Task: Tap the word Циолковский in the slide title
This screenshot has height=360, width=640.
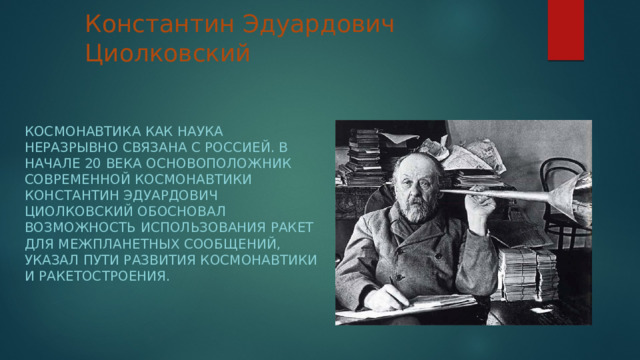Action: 166,52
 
